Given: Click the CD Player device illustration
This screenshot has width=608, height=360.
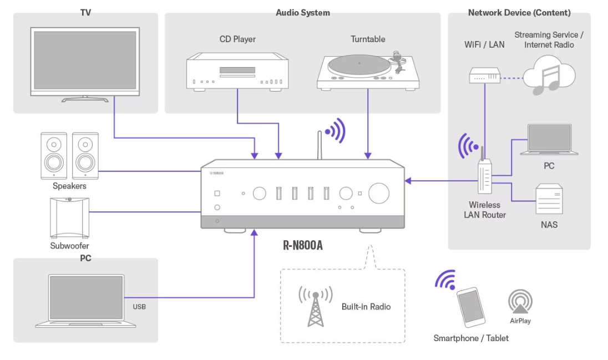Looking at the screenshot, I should (x=237, y=71).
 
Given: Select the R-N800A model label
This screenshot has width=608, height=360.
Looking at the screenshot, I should (x=303, y=245).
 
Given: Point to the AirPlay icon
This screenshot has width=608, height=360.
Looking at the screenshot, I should (x=520, y=302).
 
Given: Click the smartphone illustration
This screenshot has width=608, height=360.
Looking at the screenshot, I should (x=471, y=307).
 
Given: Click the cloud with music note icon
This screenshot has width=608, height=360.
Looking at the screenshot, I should (x=548, y=77).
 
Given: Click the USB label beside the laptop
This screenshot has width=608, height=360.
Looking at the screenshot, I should (x=139, y=307).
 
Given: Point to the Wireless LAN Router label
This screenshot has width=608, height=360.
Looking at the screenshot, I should (x=484, y=210).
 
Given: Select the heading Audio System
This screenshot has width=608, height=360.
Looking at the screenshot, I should (x=303, y=12).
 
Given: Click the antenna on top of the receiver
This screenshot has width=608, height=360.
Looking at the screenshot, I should (x=320, y=145).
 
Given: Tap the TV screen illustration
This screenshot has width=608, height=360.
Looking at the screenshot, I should (x=85, y=60).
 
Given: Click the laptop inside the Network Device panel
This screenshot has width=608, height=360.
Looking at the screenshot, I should (x=549, y=140).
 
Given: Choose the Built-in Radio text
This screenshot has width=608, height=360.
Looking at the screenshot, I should (x=366, y=307).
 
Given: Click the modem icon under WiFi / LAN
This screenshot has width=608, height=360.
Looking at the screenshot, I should (x=484, y=75).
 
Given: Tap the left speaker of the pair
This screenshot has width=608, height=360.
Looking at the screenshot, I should (x=54, y=156).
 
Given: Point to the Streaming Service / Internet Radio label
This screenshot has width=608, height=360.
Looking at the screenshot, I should (x=549, y=39).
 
